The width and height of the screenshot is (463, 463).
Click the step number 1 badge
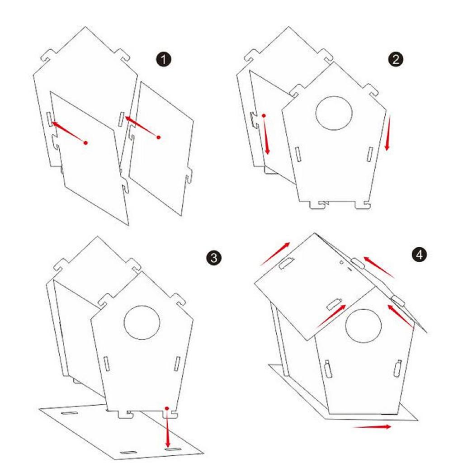[x=163, y=60]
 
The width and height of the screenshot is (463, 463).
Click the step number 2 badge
[x=395, y=60]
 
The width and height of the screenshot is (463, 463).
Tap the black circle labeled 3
[x=213, y=258]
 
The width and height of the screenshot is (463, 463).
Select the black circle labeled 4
[x=419, y=255]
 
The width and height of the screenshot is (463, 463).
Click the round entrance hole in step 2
[x=334, y=113]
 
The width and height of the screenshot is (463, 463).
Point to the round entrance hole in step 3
[x=142, y=323]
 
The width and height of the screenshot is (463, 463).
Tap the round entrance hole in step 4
[x=363, y=326]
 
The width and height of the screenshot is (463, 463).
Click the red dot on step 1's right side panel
[x=159, y=137]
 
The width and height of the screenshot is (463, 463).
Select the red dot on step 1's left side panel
[x=85, y=143]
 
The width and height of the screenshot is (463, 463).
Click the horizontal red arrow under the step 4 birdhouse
[x=372, y=427]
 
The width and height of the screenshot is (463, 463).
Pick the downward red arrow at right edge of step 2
[x=388, y=133]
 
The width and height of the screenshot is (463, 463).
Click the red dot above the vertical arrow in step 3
[x=167, y=408]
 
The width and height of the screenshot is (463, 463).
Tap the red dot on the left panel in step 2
[x=264, y=116]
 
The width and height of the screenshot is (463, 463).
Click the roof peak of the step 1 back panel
[x=85, y=27]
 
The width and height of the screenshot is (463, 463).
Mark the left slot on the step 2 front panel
[x=298, y=155]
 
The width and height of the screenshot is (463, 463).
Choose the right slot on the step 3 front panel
[x=177, y=364]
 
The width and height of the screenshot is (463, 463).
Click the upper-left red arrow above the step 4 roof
[x=275, y=254]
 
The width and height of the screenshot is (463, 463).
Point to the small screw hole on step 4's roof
[x=342, y=262]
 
